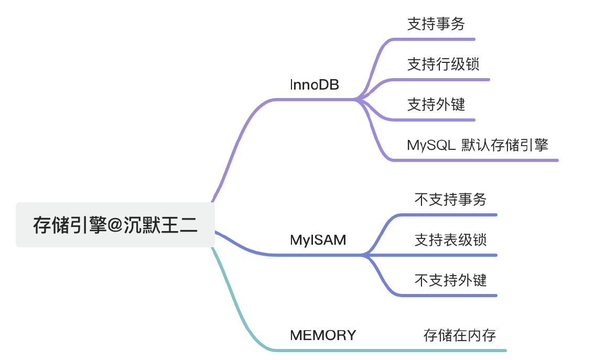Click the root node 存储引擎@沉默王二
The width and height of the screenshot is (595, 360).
[x=115, y=225]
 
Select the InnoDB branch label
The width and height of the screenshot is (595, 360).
[x=315, y=85]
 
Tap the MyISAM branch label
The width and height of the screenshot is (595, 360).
[x=318, y=241]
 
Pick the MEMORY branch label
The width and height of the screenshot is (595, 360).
[x=323, y=335]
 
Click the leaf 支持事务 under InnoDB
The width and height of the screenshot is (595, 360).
[x=436, y=24]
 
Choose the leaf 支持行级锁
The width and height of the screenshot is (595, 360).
[x=443, y=64]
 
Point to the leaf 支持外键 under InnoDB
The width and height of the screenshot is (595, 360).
[x=436, y=105]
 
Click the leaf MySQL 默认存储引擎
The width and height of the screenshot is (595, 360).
[x=477, y=145]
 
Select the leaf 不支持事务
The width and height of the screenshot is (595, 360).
[x=450, y=200]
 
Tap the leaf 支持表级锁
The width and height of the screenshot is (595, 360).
[x=450, y=240]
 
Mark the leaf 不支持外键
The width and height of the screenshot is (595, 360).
[x=450, y=280]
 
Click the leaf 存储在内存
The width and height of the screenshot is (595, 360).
[x=459, y=335]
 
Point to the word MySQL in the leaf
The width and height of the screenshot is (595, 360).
[x=431, y=145]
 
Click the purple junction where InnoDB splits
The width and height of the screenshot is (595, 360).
[x=358, y=99]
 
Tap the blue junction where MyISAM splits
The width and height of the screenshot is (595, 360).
[x=363, y=255]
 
